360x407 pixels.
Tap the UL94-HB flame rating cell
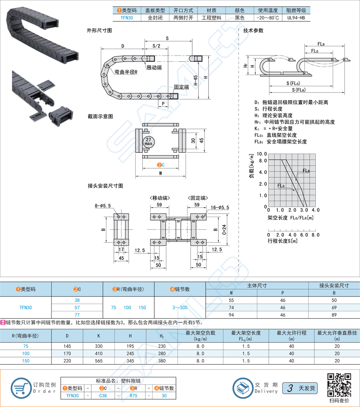pos(296,18)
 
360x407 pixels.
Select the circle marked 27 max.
pos(148,142)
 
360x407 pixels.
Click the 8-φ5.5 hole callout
pos(103,206)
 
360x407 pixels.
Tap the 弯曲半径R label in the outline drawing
pos(126,72)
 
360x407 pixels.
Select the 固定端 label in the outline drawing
pos(181,87)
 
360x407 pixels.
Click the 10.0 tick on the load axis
pos(262,153)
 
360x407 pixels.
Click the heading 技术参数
pos(253,30)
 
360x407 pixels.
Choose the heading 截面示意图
pos(100,117)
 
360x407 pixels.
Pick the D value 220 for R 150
pos(68,361)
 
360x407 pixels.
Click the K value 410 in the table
pos(99,353)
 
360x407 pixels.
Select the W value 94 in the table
pos(231,314)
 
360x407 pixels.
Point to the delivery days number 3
pos(291,388)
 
